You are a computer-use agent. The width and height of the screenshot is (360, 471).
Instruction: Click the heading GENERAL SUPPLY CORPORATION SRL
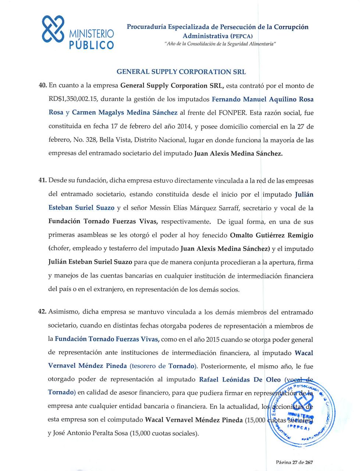pos(181,72)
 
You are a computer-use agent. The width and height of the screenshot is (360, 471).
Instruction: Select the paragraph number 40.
pos(42,86)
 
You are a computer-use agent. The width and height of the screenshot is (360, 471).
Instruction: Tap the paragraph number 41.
pos(42,181)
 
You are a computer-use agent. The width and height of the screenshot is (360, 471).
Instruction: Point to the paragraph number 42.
pos(42,312)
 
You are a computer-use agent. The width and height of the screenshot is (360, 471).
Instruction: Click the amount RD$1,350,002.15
pos(73,99)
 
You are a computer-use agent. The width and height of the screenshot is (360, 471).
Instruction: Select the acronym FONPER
pos(232,113)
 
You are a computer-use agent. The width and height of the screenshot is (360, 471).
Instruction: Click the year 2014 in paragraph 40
pos(184,127)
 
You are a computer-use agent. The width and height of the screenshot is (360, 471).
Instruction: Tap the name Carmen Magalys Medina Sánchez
pos(124,113)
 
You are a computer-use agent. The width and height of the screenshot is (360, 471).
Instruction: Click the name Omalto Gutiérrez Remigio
pos(271,235)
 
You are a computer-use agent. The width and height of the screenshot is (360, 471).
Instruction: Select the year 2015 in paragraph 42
pos(213,339)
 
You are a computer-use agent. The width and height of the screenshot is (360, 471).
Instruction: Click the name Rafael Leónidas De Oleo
pos(240,379)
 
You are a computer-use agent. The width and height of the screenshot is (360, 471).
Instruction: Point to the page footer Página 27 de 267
pos(295,462)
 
